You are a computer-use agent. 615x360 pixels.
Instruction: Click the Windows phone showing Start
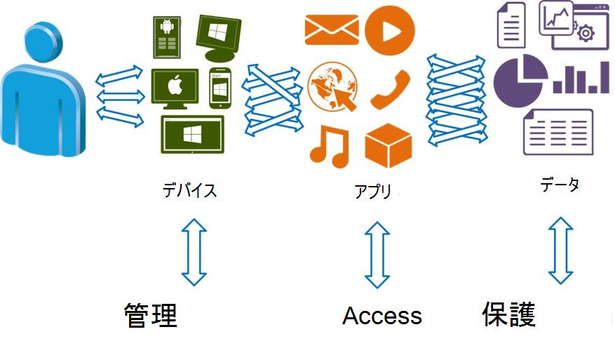[x=220, y=90]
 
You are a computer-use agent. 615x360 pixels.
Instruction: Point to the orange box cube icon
[x=388, y=144]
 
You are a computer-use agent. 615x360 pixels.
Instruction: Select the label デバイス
[x=189, y=190]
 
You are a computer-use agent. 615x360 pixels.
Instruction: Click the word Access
[x=382, y=316]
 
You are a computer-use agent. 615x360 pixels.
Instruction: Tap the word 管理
[x=151, y=316]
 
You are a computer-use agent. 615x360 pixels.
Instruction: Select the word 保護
[x=508, y=315]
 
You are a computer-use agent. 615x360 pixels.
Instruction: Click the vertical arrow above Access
[x=377, y=255]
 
